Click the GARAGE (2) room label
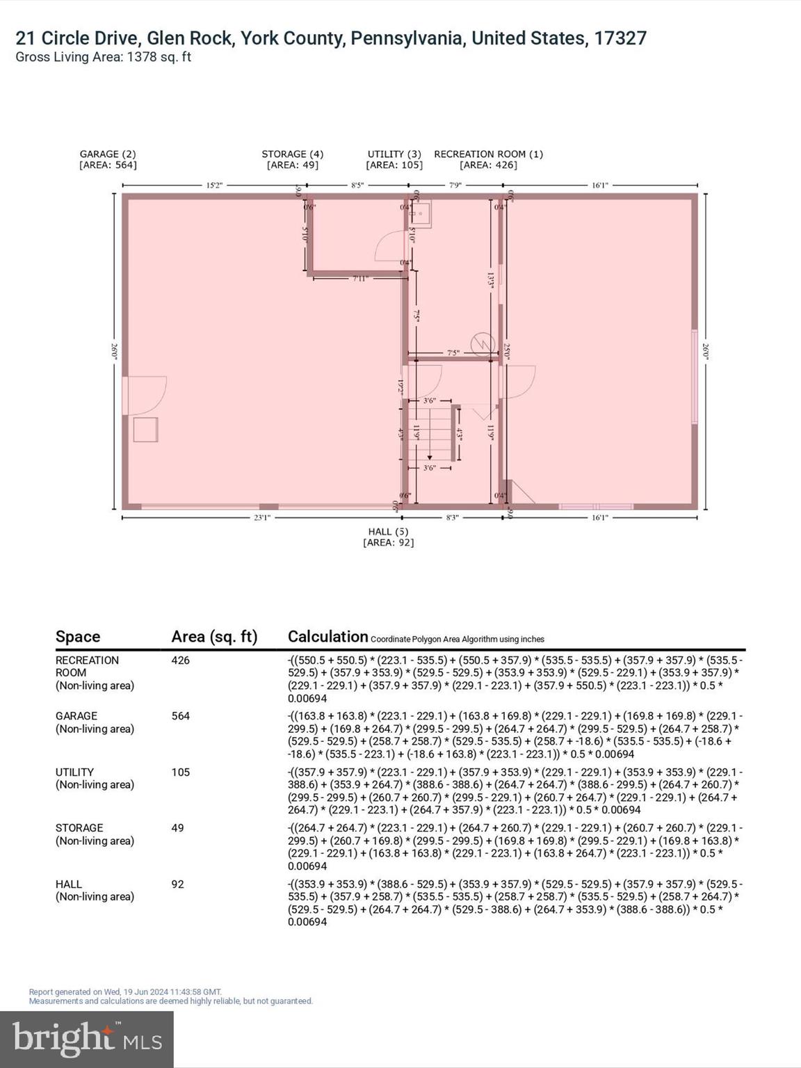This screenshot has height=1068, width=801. [108, 154]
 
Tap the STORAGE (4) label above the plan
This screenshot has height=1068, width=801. [292, 154]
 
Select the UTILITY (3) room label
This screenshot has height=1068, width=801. [394, 154]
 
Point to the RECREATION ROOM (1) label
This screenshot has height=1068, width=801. [488, 154]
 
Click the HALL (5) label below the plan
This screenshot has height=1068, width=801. [388, 532]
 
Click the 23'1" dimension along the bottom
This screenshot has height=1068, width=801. [261, 517]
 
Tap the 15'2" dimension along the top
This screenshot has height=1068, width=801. [214, 186]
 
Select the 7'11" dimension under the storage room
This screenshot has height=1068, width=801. [359, 279]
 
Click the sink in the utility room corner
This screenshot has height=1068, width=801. [421, 214]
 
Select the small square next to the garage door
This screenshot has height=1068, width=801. [145, 429]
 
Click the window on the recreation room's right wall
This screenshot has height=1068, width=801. [694, 376]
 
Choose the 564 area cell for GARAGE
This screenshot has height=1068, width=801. [181, 716]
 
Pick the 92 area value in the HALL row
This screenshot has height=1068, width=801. [178, 884]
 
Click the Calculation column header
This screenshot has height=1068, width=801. [327, 636]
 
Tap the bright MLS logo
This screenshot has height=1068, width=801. [87, 1039]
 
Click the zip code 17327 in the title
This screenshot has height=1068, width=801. [620, 38]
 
